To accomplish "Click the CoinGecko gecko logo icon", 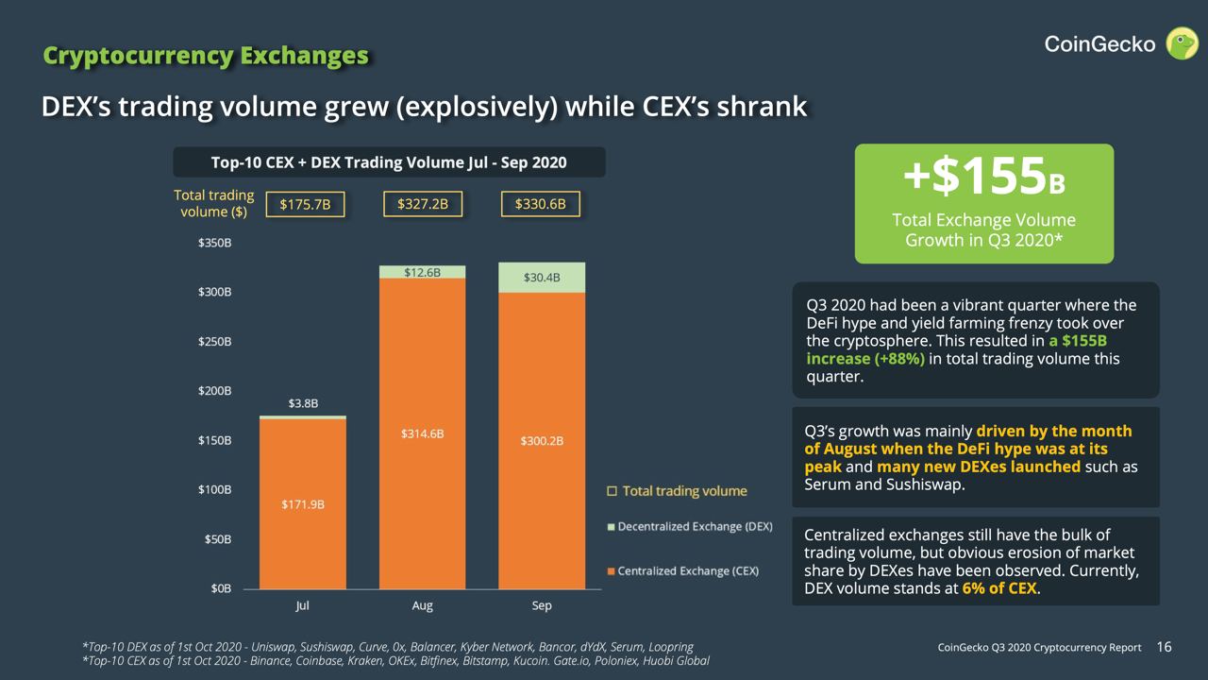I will (x=1182, y=43).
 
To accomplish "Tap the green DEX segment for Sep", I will (x=542, y=278).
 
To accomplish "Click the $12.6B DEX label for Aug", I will (x=422, y=273).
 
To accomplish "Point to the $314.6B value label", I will (x=422, y=433).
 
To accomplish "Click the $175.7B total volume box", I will (x=305, y=204).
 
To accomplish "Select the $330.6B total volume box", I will (x=541, y=204).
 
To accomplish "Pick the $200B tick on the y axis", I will (x=214, y=391).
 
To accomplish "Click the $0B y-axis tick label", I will (x=219, y=588).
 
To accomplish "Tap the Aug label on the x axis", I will (x=423, y=605).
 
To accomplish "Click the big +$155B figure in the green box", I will (x=983, y=178).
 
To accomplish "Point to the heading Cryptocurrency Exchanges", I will (x=206, y=56).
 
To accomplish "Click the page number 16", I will (x=1164, y=647).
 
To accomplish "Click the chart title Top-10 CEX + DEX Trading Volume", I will (x=389, y=162).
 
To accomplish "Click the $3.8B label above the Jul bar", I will (x=303, y=403).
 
